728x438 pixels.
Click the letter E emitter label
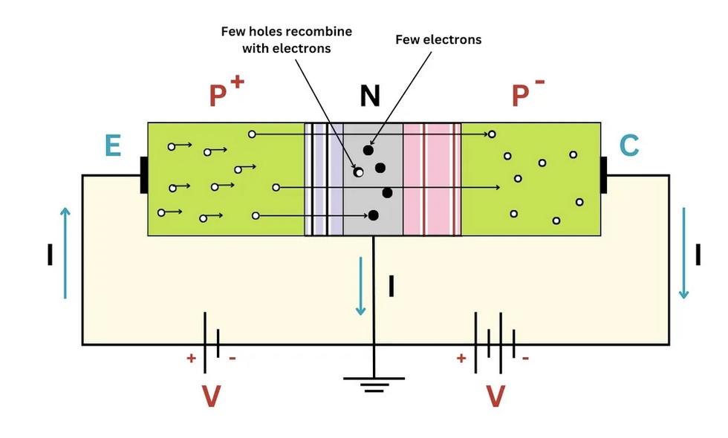pos(113,146)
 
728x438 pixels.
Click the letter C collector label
pos(628,146)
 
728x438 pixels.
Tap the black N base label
pos(370,96)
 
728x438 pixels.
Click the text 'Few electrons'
pos(438,39)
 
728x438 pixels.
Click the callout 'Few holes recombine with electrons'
pos(286,40)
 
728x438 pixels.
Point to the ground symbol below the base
pos(374,383)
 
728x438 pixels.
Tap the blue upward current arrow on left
pos(65,252)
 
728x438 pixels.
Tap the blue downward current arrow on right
pos(683,252)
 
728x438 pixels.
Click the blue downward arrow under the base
pos(361,286)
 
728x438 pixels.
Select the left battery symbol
pos(211,343)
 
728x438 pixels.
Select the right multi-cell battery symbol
pos(494,343)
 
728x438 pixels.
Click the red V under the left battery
pos(211,396)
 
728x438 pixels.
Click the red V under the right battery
pos(495,396)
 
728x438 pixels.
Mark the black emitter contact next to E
pos(144,175)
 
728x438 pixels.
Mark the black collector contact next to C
pos(604,175)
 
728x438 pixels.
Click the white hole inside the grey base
pos(358,172)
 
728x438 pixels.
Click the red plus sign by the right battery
pos(462,358)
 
